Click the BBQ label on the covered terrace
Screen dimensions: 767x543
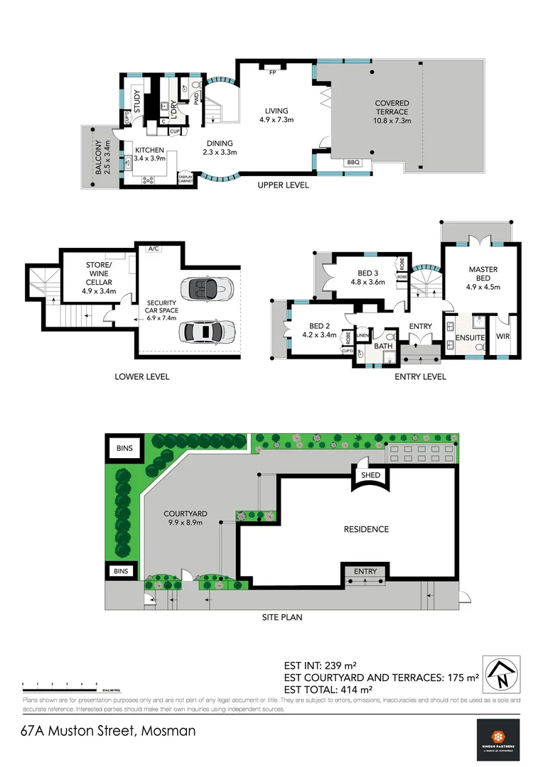point(353,163)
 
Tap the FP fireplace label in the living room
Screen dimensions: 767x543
point(272,72)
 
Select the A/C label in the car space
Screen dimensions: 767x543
point(153,249)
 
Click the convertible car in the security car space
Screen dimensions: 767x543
point(204,288)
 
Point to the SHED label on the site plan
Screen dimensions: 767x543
point(371,475)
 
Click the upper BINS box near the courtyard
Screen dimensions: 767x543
point(124,447)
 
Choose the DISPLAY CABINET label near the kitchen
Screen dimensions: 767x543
point(186,179)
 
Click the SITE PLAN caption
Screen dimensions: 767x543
point(281,617)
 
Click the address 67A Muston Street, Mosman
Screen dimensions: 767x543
point(108,730)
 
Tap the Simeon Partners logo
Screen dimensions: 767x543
point(498,739)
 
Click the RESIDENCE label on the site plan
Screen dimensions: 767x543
point(366,529)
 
